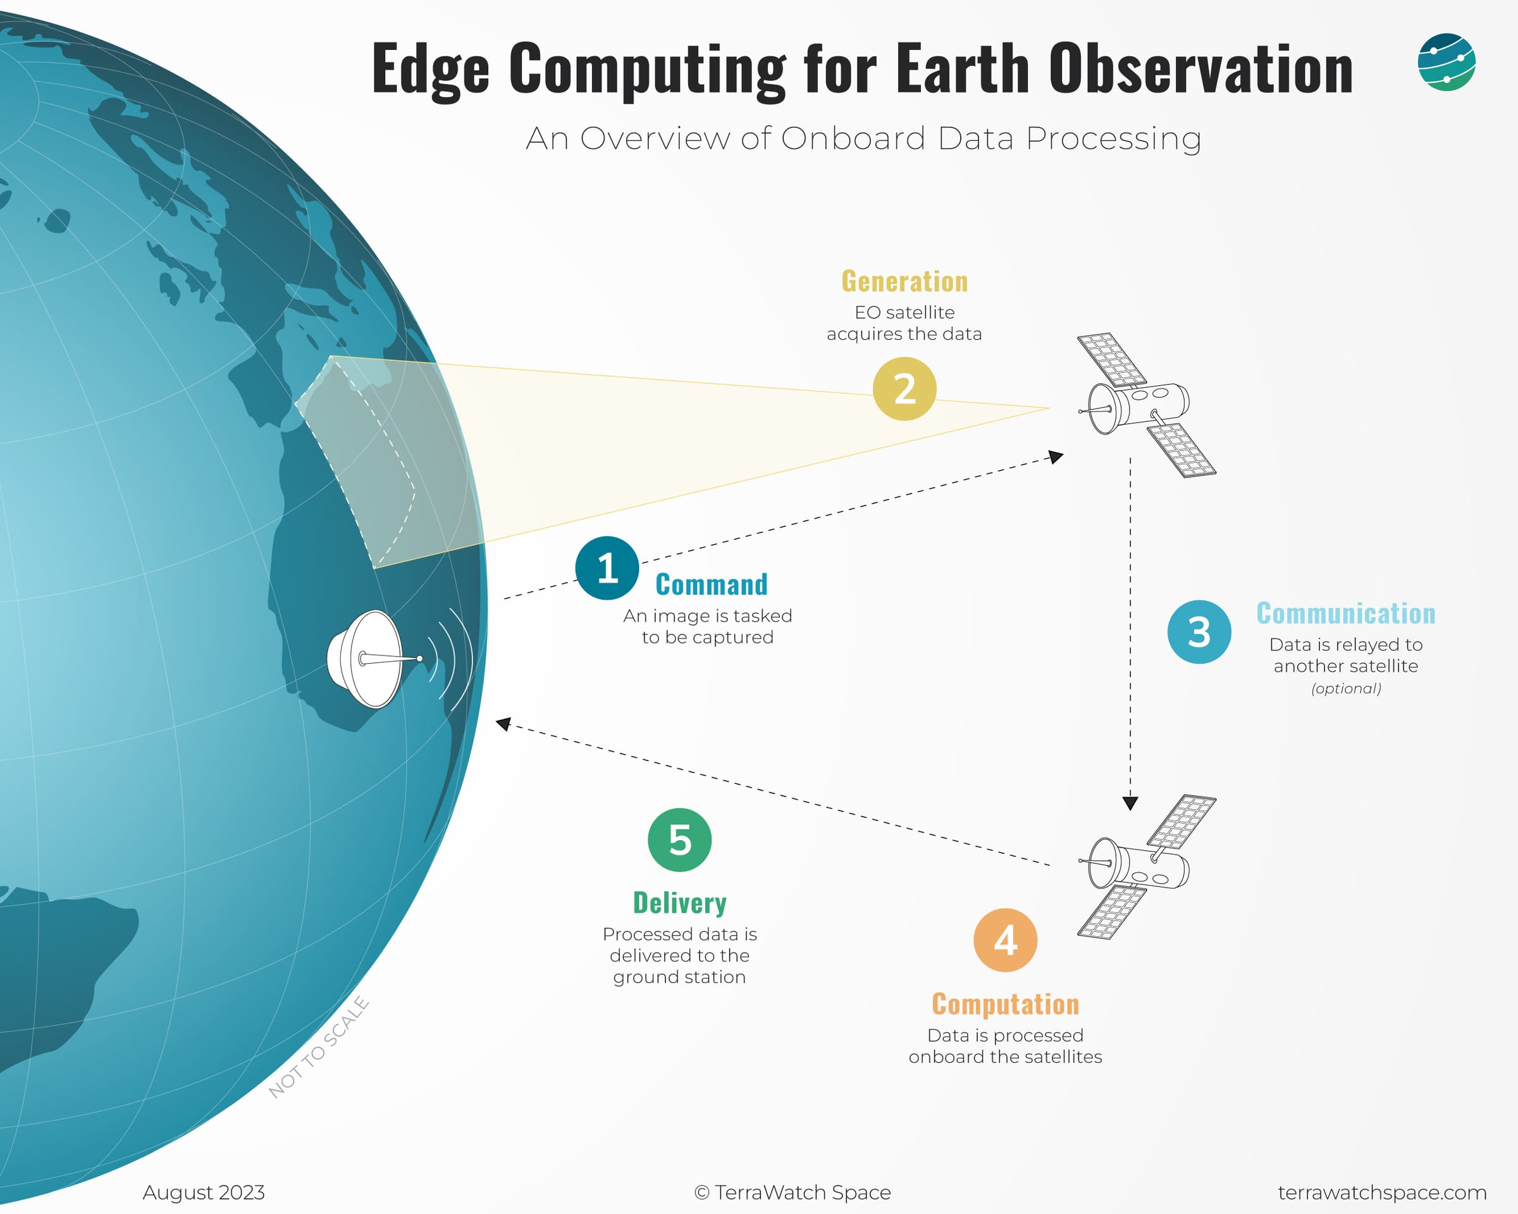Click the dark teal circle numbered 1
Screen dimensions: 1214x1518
pos(607,568)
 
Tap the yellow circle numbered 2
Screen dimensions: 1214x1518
pos(904,388)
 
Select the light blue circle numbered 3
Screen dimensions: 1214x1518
pos(1199,631)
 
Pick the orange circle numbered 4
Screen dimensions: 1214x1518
pos(1004,940)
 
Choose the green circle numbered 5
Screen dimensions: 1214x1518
pos(679,839)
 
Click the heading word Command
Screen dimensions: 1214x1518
pos(711,585)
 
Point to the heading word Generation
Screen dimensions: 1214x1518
pos(904,281)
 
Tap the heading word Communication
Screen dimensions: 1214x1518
pos(1345,614)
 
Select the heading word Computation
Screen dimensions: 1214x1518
pos(1004,1004)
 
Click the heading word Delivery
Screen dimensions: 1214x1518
pos(679,903)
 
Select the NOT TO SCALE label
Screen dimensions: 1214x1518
pos(319,1047)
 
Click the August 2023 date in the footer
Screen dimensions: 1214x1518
pos(204,1192)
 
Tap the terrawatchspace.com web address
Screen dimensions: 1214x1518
pos(1381,1192)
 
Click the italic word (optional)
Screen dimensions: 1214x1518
pos(1345,688)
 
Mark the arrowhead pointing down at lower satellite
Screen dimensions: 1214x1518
pos(1130,803)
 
